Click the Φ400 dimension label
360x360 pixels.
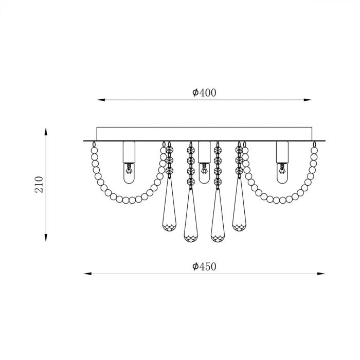point(204,93)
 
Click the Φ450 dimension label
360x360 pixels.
point(204,266)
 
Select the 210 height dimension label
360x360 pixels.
point(39,185)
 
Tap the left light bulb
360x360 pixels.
point(129,173)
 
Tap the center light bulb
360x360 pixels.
point(204,173)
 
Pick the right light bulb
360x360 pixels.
point(282,173)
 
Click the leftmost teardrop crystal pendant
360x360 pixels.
point(169,204)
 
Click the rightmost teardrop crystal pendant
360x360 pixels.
point(239,204)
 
